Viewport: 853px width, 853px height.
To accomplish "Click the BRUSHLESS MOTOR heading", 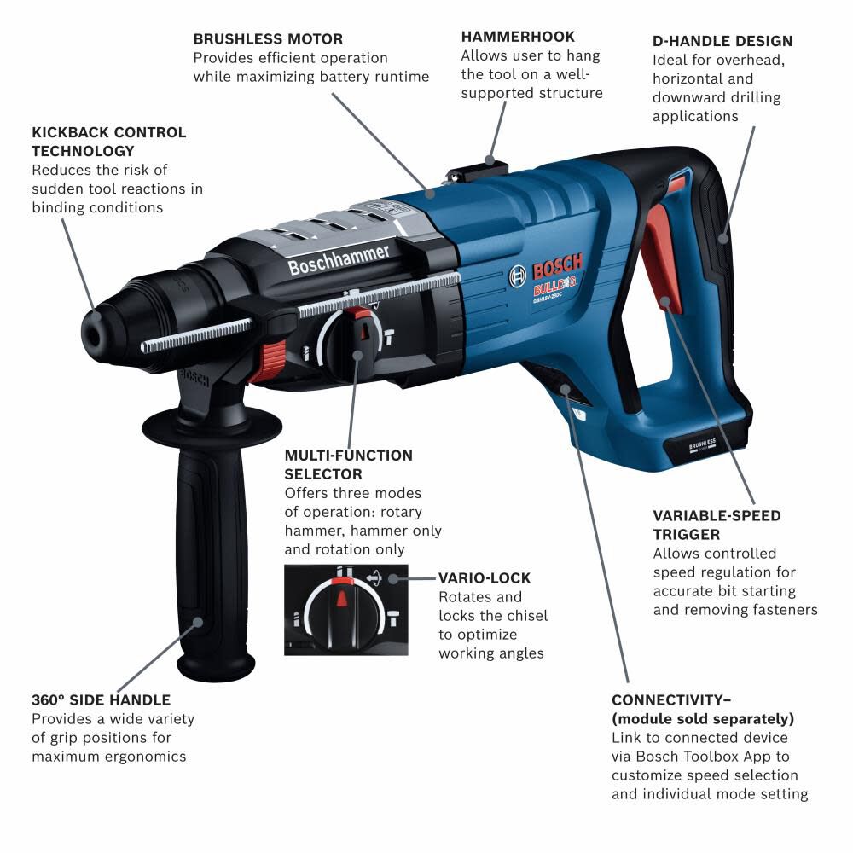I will [268, 39].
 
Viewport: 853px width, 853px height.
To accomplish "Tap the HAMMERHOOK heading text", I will [518, 37].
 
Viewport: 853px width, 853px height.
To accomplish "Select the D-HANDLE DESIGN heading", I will [722, 41].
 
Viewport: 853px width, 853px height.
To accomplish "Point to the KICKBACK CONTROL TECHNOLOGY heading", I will [108, 142].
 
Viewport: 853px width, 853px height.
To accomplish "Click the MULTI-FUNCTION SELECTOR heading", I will [348, 465].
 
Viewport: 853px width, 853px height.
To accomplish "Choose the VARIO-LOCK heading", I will [485, 577].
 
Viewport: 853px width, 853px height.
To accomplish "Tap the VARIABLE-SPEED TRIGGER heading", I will [717, 525].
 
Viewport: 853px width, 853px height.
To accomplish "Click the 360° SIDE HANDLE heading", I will [102, 700].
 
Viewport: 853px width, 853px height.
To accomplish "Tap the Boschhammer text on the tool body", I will [339, 260].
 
